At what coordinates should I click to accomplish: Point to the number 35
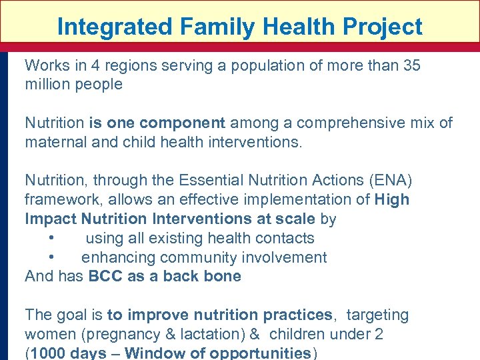pos(411,65)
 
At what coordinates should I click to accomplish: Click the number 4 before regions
pos(87,65)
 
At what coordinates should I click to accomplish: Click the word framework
pos(58,200)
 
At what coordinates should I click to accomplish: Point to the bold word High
pos(392,200)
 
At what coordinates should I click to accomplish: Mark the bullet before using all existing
pos(51,239)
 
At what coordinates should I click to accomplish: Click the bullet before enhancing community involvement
pos(51,258)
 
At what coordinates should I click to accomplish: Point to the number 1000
pos(51,353)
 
